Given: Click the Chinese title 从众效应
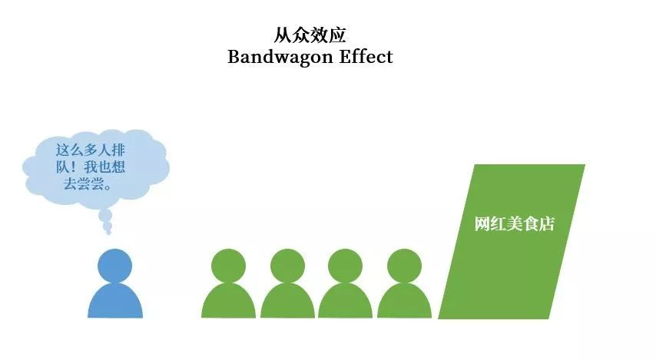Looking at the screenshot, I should tap(310, 35).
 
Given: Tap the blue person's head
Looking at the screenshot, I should tap(114, 266).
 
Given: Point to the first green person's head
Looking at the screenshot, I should tap(228, 266).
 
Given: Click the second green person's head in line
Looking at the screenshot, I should tap(287, 266).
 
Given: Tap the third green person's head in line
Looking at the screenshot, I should tap(345, 266).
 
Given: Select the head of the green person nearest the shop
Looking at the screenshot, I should tap(404, 266).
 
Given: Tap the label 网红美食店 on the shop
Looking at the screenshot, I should tap(514, 224).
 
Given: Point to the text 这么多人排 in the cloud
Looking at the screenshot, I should tap(90, 149).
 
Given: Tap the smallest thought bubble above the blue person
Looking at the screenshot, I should tap(108, 231).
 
